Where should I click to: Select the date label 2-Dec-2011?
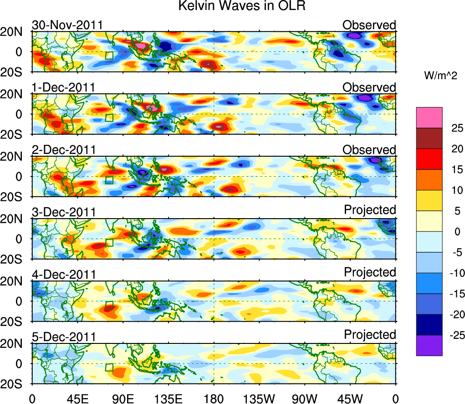tap(63, 150)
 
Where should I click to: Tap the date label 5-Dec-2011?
tap(63, 337)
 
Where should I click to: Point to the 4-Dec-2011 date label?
tap(63, 275)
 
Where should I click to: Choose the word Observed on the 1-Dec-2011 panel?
tap(369, 87)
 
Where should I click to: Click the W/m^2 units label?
tap(440, 76)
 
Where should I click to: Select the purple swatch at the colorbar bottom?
tap(429, 345)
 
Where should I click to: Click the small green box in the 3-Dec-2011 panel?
tap(109, 242)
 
